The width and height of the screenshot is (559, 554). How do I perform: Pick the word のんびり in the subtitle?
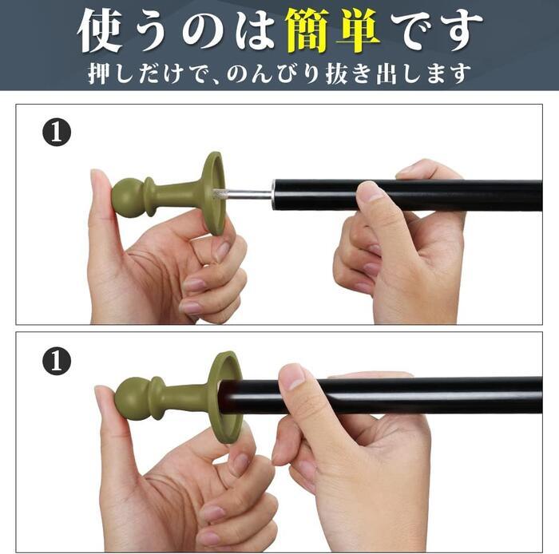(x=276, y=73)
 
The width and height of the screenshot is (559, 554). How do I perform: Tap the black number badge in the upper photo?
(x=57, y=133)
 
